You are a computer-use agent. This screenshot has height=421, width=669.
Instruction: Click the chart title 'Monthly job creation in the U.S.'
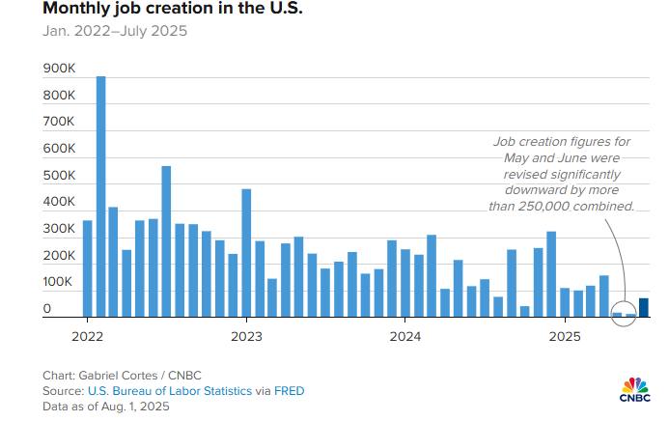(x=160, y=9)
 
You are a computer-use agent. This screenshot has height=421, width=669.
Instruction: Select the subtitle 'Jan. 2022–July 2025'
(x=115, y=31)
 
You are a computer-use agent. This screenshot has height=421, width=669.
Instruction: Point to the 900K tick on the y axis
(x=60, y=70)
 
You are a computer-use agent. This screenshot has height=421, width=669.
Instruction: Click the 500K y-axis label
(x=60, y=176)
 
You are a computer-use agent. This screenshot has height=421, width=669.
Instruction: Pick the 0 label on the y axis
(x=47, y=309)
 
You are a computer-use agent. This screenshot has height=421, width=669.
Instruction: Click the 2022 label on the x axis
(x=87, y=337)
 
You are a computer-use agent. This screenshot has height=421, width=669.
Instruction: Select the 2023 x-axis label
(x=246, y=337)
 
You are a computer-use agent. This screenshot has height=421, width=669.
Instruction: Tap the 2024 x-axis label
(x=405, y=337)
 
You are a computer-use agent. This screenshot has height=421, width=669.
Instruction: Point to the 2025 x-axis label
(x=565, y=337)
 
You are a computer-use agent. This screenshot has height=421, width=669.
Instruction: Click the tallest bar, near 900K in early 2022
(x=100, y=193)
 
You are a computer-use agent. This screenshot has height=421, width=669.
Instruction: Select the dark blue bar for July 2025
(x=643, y=307)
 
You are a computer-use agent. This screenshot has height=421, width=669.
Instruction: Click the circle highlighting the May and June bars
(x=624, y=311)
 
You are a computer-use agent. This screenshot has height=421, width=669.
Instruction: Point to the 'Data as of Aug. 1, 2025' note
(x=106, y=406)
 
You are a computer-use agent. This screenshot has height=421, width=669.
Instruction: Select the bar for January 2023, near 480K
(x=246, y=251)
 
